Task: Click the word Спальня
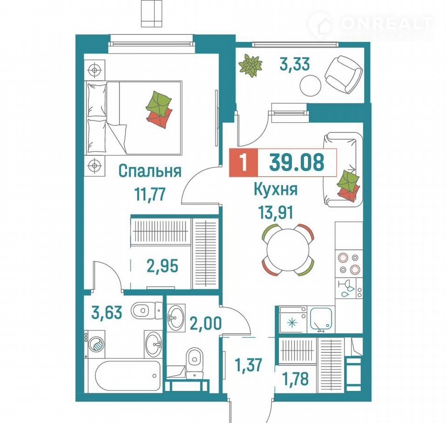[x=149, y=171]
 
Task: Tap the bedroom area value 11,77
[x=150, y=194]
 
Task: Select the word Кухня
[x=275, y=189]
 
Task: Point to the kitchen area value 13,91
[x=275, y=212]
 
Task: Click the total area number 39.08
[x=297, y=162]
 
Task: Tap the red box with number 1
[x=244, y=162]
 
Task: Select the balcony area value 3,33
[x=294, y=64]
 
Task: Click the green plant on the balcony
[x=251, y=66]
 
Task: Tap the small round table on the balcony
[x=311, y=86]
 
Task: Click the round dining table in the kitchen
[x=288, y=250]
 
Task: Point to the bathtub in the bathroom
[x=128, y=376]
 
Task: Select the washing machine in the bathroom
[x=95, y=344]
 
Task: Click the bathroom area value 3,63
[x=107, y=312]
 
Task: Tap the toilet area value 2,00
[x=205, y=323]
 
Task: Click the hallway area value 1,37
[x=248, y=365]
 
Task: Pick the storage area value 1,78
[x=295, y=379]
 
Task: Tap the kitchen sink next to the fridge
[x=321, y=319]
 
